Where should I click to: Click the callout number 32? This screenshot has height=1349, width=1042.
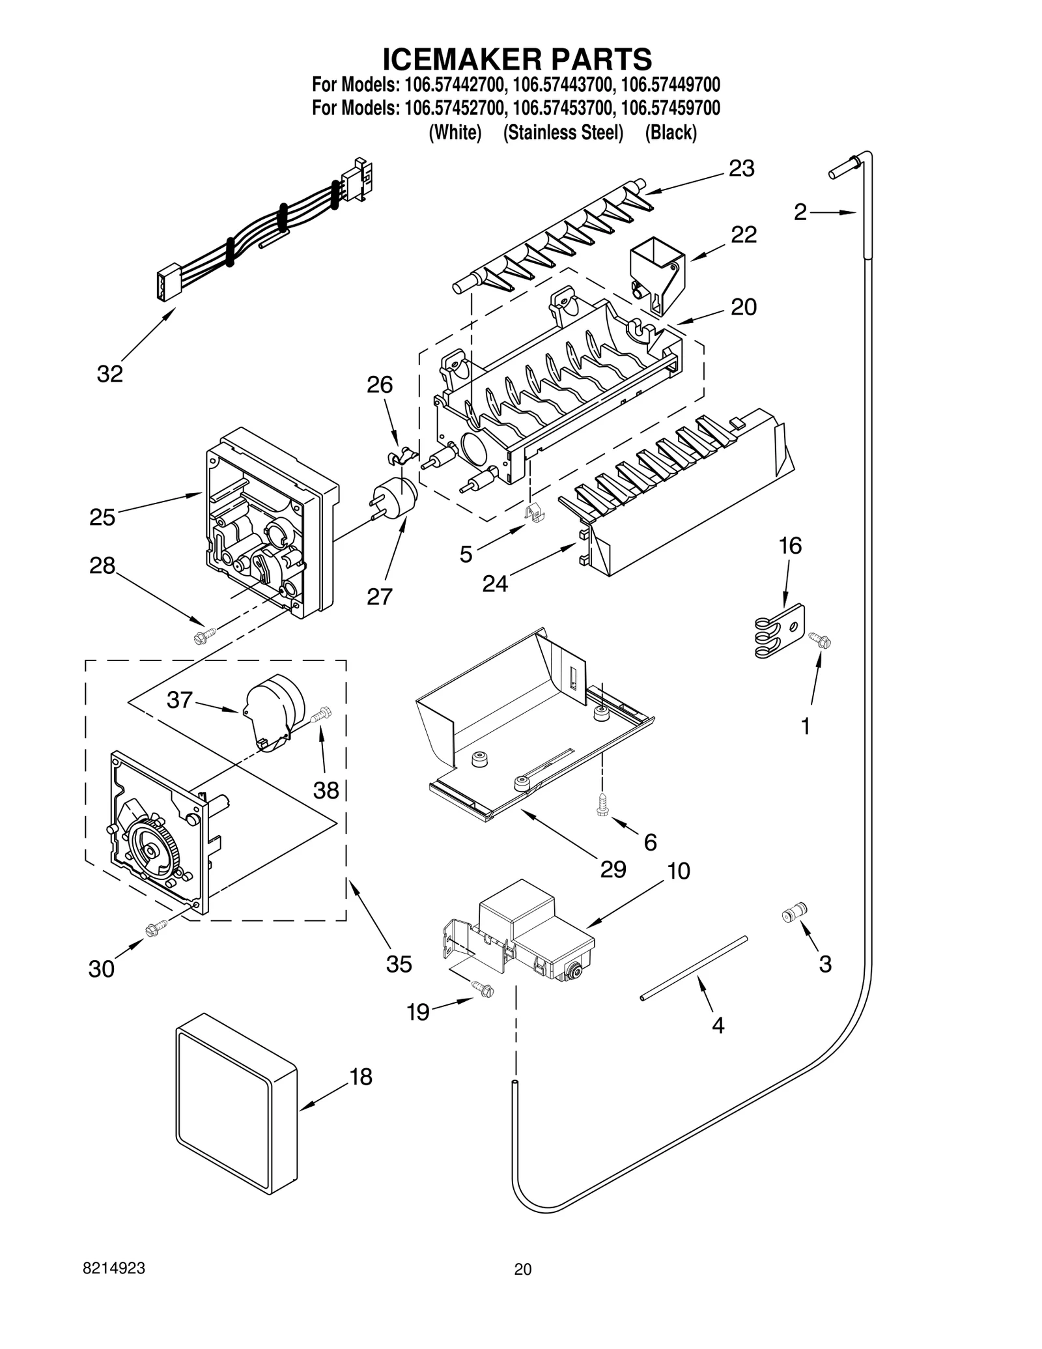[x=109, y=374]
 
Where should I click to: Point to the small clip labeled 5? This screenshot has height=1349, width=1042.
[x=535, y=513]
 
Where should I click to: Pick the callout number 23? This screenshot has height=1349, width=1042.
[x=741, y=168]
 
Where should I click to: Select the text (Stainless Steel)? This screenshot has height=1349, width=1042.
[x=563, y=133]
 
